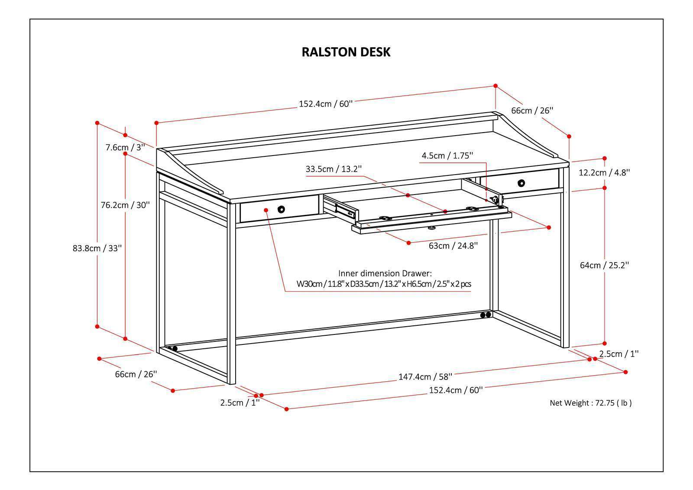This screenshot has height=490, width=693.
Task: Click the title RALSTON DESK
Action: point(346,52)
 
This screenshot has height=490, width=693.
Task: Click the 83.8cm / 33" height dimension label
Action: point(97,248)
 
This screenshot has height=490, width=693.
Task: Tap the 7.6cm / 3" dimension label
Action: point(125,147)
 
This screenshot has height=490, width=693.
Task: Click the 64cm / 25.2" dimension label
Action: point(604,265)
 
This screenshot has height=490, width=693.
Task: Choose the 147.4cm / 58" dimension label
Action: point(425,376)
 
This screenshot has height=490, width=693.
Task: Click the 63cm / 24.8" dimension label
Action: point(453,246)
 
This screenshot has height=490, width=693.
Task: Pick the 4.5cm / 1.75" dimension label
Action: point(447,156)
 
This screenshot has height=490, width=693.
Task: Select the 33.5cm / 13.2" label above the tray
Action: point(334,169)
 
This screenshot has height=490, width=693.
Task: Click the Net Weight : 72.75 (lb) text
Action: point(590,403)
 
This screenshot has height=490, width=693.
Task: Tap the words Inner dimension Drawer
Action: point(385,273)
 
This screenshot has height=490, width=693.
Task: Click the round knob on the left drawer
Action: point(282,209)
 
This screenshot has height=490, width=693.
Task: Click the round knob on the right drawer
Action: point(521,182)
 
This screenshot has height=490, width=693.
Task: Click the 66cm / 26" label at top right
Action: point(532,110)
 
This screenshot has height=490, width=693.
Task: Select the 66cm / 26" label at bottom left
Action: point(136,374)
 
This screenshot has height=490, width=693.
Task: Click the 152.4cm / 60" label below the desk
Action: point(456,390)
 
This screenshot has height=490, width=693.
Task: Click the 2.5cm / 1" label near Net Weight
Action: point(619,354)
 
